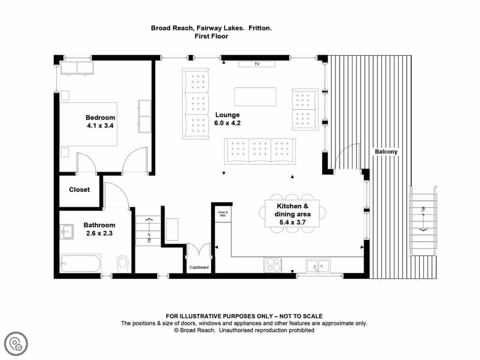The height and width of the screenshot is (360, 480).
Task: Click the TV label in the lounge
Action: (257, 64)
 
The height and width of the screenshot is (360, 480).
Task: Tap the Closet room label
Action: (79, 190)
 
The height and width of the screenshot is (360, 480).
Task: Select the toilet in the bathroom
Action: (123, 264)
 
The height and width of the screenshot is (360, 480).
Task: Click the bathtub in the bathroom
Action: (80, 263)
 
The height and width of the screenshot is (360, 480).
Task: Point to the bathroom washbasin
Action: (67, 232)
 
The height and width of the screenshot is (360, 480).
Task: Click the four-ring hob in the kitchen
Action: (273, 265)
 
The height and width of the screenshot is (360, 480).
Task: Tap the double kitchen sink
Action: (318, 266)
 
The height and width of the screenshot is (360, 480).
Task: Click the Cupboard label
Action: (199, 267)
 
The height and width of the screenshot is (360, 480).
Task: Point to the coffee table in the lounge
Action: (255, 97)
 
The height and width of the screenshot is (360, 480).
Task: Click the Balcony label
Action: (386, 152)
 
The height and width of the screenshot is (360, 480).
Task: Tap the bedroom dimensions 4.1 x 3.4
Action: (100, 126)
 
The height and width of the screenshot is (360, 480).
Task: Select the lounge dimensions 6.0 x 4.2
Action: (228, 123)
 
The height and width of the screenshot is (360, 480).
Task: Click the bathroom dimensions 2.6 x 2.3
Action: (99, 233)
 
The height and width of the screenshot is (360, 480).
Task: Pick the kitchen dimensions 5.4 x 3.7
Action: (292, 222)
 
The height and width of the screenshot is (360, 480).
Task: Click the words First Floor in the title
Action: (211, 36)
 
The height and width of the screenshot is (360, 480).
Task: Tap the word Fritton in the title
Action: (260, 28)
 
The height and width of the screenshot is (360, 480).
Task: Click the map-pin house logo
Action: (16, 344)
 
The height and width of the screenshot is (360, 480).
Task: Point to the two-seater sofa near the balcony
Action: (305, 110)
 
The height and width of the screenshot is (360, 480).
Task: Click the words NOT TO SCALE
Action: (301, 316)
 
